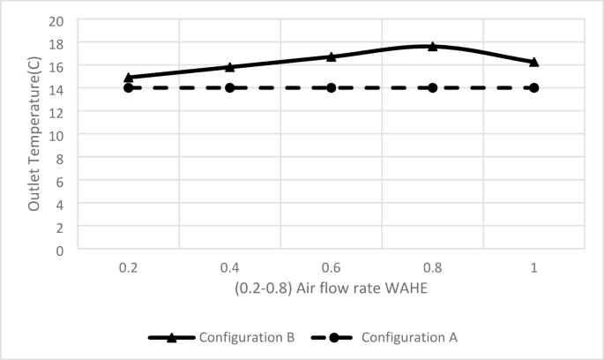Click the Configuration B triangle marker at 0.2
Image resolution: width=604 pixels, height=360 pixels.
coord(129,78)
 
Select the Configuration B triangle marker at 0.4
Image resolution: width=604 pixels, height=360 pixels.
coord(230,67)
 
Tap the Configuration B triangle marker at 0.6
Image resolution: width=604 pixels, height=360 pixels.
coord(332,56)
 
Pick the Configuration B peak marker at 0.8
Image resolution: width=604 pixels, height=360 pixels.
coord(433,46)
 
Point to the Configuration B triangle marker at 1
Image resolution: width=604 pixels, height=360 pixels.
coord(534,62)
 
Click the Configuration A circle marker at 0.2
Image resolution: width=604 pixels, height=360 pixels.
coord(129,87)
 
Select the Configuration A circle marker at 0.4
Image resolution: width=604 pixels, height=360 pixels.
coord(230,87)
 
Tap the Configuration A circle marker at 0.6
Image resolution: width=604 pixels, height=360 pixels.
coord(332,87)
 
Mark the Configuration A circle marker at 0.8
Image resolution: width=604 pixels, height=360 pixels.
coord(433,87)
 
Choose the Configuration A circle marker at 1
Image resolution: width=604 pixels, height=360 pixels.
coord(534,87)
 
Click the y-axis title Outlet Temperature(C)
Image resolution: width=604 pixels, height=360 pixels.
coord(34,134)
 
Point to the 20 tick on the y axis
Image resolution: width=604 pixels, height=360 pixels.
coord(59,20)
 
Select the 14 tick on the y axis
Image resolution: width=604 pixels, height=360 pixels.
coord(59,88)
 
